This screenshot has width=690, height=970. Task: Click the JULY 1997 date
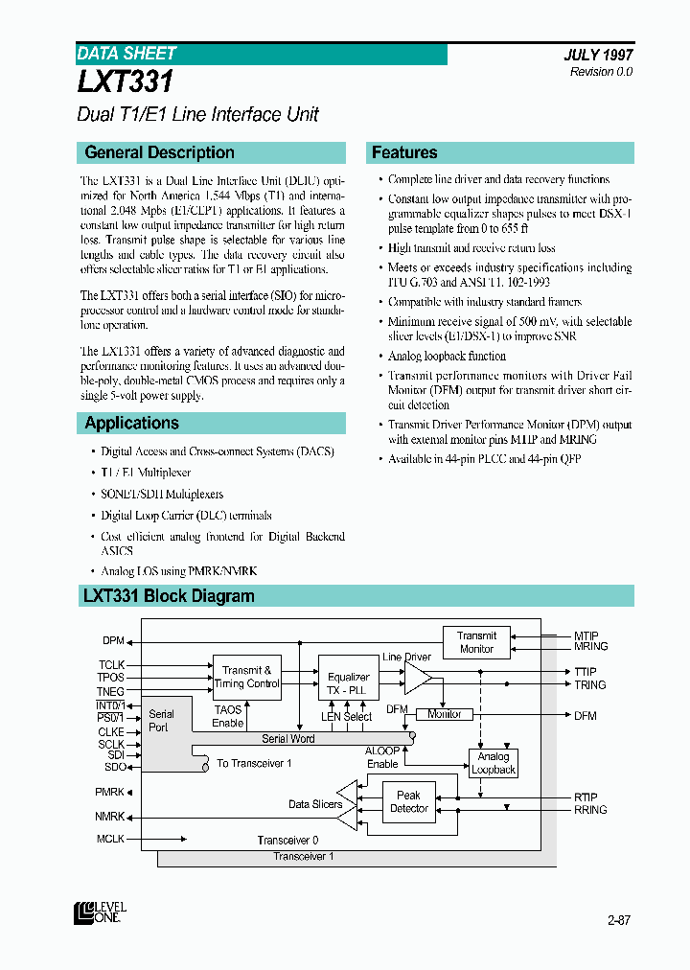[x=598, y=56]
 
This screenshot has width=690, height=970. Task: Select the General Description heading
[x=159, y=152]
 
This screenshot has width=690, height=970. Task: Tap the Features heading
[x=404, y=152]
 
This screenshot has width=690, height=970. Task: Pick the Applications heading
[x=131, y=423]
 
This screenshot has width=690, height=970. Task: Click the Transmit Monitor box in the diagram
[x=476, y=642]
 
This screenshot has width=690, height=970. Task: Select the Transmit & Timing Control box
[x=246, y=677]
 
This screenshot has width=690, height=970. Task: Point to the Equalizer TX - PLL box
[x=348, y=683]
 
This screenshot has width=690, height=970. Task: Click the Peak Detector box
[x=409, y=802]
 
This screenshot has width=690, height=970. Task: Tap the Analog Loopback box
[x=494, y=763]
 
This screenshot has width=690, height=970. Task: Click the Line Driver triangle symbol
[x=417, y=679]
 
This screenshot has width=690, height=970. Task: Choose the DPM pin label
[x=113, y=640]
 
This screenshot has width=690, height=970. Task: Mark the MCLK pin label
[x=111, y=839]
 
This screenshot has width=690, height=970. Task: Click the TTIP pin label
[x=586, y=672]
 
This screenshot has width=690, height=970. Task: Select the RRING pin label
[x=590, y=810]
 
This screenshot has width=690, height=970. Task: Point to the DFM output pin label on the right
[x=586, y=715]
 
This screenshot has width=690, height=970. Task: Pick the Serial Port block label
[x=161, y=720]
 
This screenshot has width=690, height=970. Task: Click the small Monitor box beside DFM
[x=444, y=714]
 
